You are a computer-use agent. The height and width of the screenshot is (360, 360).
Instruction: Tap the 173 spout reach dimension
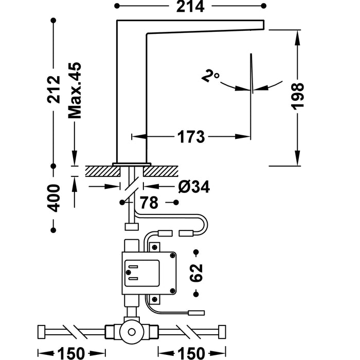point(191,137)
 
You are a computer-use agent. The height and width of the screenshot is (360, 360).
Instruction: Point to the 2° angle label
point(210,77)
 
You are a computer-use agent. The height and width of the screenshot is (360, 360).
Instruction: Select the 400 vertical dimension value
point(53,197)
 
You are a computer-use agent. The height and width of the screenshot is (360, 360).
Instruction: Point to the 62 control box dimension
point(196,273)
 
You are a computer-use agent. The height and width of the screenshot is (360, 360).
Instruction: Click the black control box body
point(149,273)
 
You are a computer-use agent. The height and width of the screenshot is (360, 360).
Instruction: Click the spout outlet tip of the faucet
point(262,24)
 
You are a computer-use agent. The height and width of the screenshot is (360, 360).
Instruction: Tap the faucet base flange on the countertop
point(132,163)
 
